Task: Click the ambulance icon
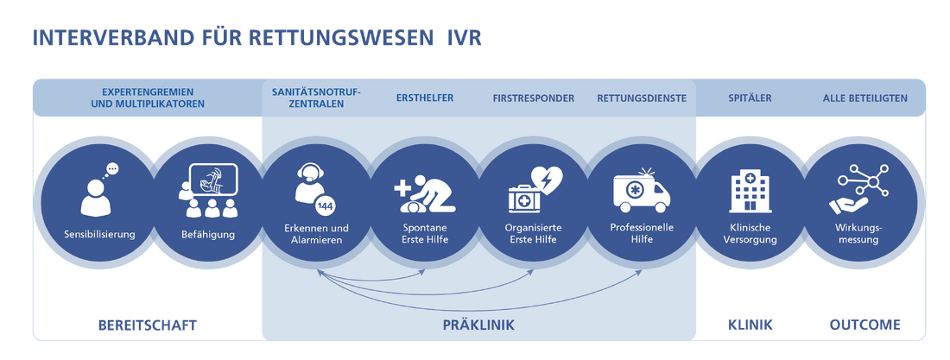pyautogui.click(x=642, y=191)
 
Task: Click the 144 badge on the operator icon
pyautogui.click(x=325, y=205)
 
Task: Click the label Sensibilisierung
pyautogui.click(x=99, y=234)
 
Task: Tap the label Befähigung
pyautogui.click(x=207, y=234)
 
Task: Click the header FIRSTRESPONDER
pyautogui.click(x=533, y=98)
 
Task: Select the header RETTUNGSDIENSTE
pyautogui.click(x=642, y=98)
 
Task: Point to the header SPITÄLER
pyautogui.click(x=750, y=98)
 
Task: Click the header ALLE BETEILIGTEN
pyautogui.click(x=864, y=98)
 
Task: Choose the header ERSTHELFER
pyautogui.click(x=425, y=98)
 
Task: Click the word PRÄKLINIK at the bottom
pyautogui.click(x=478, y=325)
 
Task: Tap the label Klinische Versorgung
pyautogui.click(x=750, y=233)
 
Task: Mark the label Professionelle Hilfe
pyautogui.click(x=642, y=233)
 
